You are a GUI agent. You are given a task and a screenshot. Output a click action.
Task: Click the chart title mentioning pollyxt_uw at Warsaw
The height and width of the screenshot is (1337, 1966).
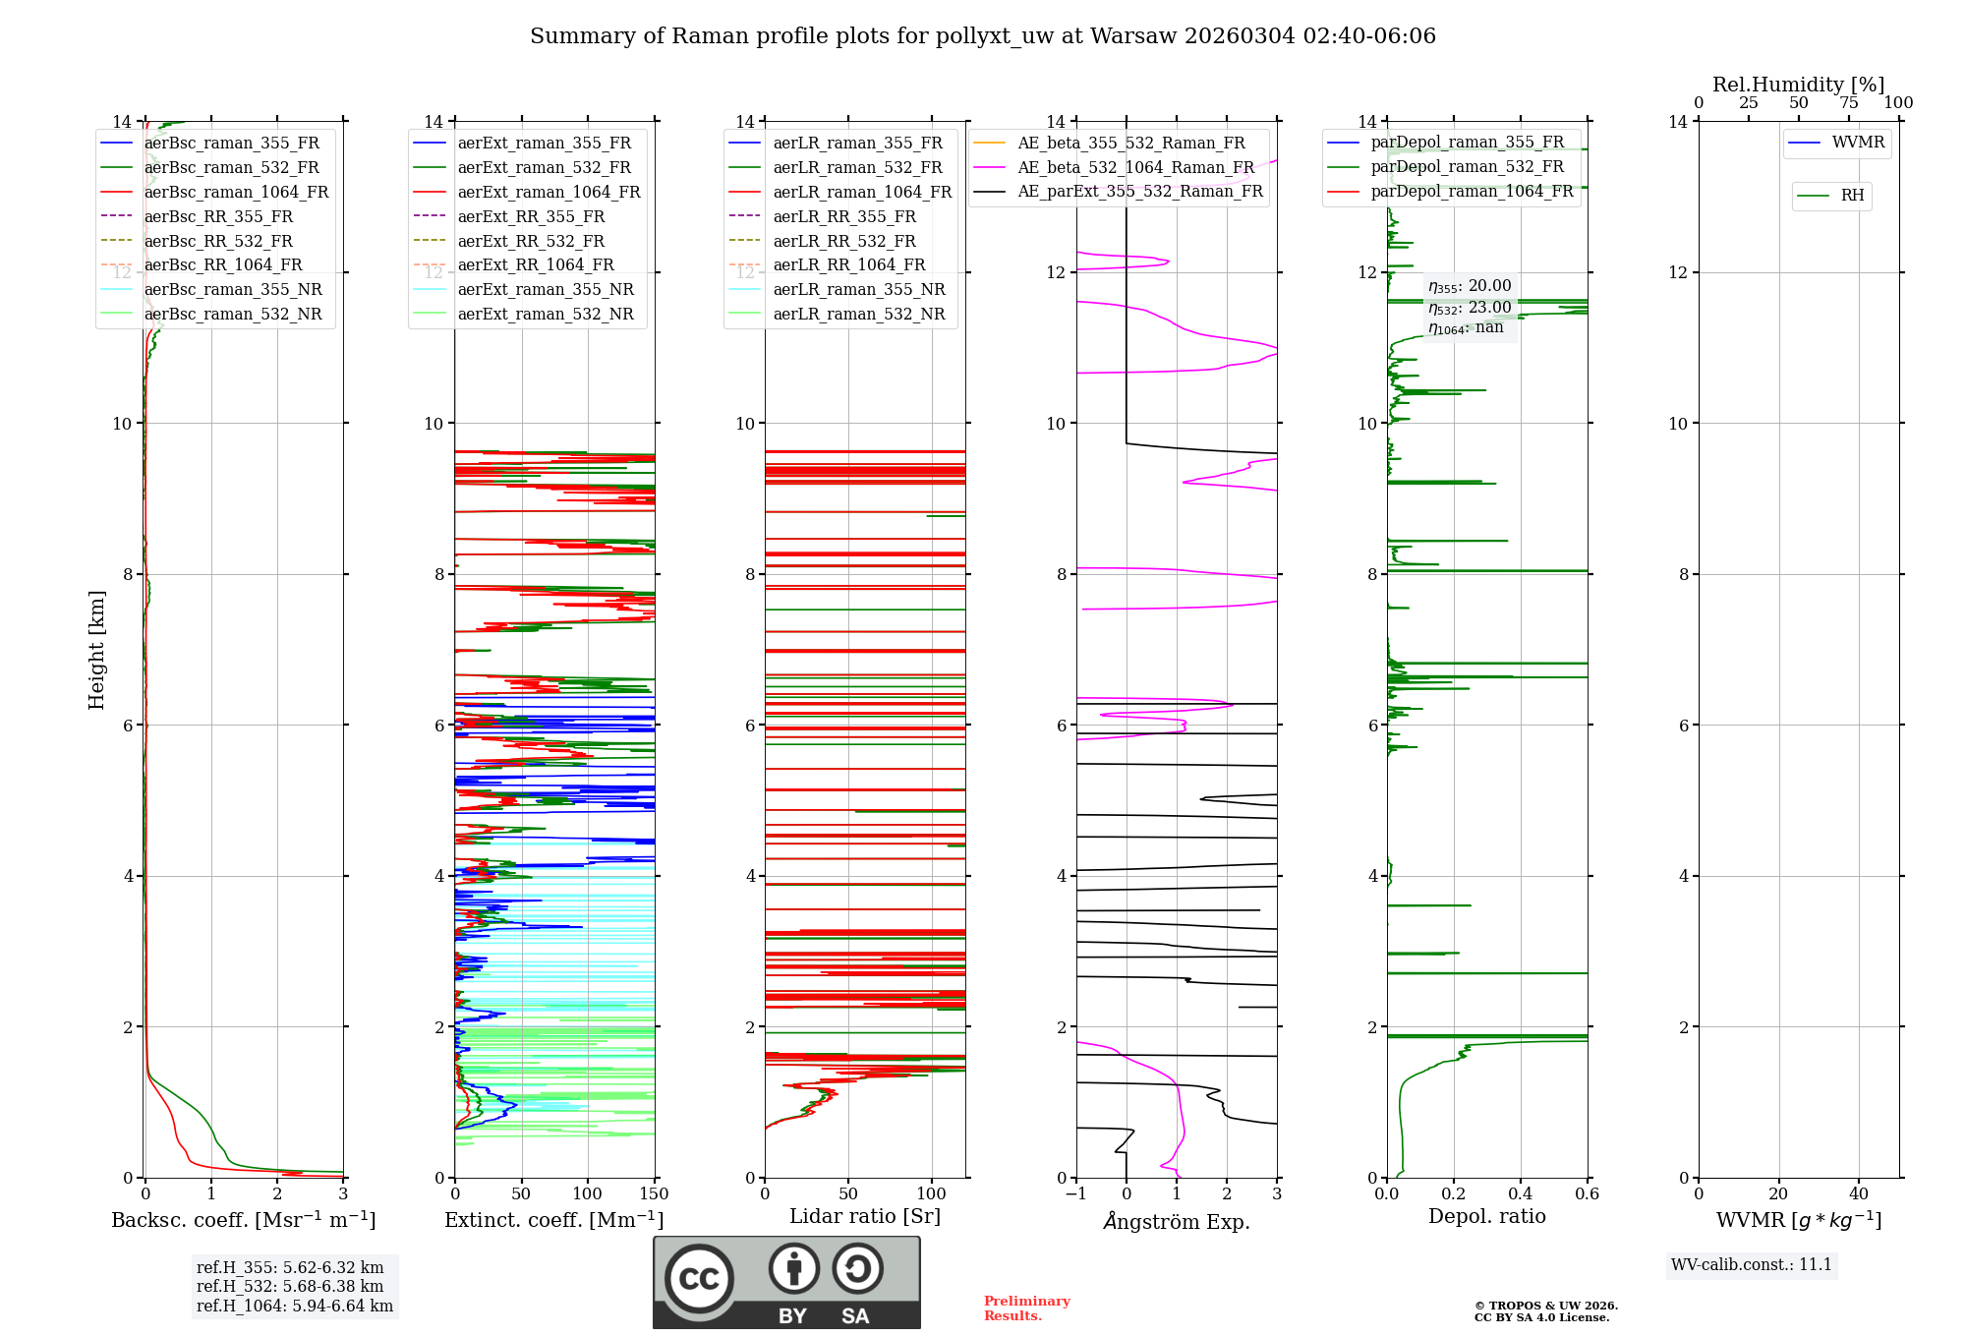(983, 36)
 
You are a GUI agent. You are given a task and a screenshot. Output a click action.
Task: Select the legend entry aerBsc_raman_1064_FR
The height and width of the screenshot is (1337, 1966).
(236, 192)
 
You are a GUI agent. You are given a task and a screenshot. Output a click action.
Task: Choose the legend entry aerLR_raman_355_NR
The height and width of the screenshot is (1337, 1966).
(858, 289)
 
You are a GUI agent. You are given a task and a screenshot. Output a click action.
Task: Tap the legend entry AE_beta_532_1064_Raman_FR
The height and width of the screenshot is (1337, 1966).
(1135, 167)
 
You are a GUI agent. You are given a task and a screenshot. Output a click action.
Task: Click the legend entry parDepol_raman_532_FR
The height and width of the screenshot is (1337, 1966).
(1467, 167)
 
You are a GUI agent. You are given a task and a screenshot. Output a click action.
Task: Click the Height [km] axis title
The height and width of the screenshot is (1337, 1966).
(96, 650)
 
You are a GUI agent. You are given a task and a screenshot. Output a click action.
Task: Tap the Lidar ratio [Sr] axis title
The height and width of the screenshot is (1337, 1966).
(865, 1216)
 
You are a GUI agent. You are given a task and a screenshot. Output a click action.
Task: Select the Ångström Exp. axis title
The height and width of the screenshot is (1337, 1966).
(1177, 1221)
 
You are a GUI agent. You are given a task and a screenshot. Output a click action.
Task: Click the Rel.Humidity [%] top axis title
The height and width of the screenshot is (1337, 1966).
(1798, 85)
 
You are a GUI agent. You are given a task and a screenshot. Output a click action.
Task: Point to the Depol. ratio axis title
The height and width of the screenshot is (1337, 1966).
(1486, 1216)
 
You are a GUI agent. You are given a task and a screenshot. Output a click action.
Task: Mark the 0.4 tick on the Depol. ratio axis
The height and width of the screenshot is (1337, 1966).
(1520, 1194)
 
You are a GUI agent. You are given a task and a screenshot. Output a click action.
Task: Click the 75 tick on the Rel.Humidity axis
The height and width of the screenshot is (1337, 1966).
(1848, 103)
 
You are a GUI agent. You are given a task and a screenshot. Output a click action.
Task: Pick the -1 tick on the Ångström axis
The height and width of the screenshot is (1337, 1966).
(1075, 1194)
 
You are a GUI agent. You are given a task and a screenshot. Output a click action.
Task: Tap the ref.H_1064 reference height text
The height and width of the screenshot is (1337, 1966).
(295, 1306)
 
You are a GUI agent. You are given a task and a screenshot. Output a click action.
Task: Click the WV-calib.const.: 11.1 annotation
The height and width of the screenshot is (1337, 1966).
(1752, 1264)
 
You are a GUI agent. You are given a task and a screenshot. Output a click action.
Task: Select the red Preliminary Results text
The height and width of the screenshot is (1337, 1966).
(1026, 1308)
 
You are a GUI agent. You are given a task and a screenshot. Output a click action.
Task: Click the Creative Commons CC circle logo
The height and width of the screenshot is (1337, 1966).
(699, 1279)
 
